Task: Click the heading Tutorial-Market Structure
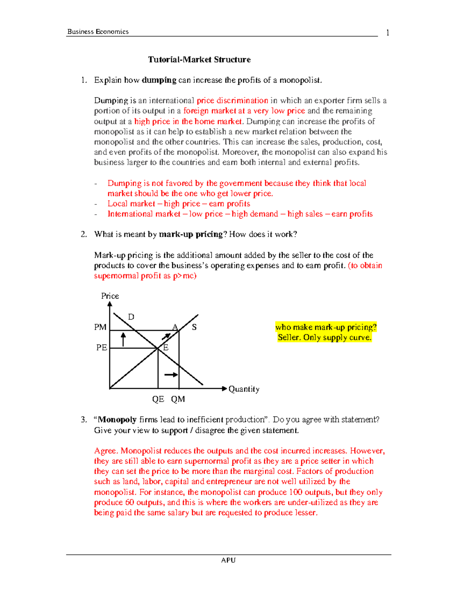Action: tap(199, 60)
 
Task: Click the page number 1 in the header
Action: tap(387, 33)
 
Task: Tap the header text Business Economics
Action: tap(98, 32)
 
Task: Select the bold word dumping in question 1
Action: tap(159, 80)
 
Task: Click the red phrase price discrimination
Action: tap(232, 101)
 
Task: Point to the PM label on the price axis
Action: tap(100, 327)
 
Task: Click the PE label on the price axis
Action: tap(101, 347)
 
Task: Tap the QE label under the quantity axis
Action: tap(158, 399)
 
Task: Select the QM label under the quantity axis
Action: tap(178, 399)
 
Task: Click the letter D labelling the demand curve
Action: tap(131, 317)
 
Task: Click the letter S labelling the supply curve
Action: tap(194, 327)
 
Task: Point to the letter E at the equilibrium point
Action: tap(166, 347)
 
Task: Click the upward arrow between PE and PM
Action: tap(123, 339)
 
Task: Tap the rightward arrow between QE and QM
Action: tap(171, 375)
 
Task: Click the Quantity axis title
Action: tap(244, 389)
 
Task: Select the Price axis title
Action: tap(110, 296)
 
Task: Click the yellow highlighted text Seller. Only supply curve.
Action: tap(324, 338)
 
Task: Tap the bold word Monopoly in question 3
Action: tap(117, 420)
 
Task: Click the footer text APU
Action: tap(228, 560)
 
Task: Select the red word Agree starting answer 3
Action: tap(105, 451)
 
